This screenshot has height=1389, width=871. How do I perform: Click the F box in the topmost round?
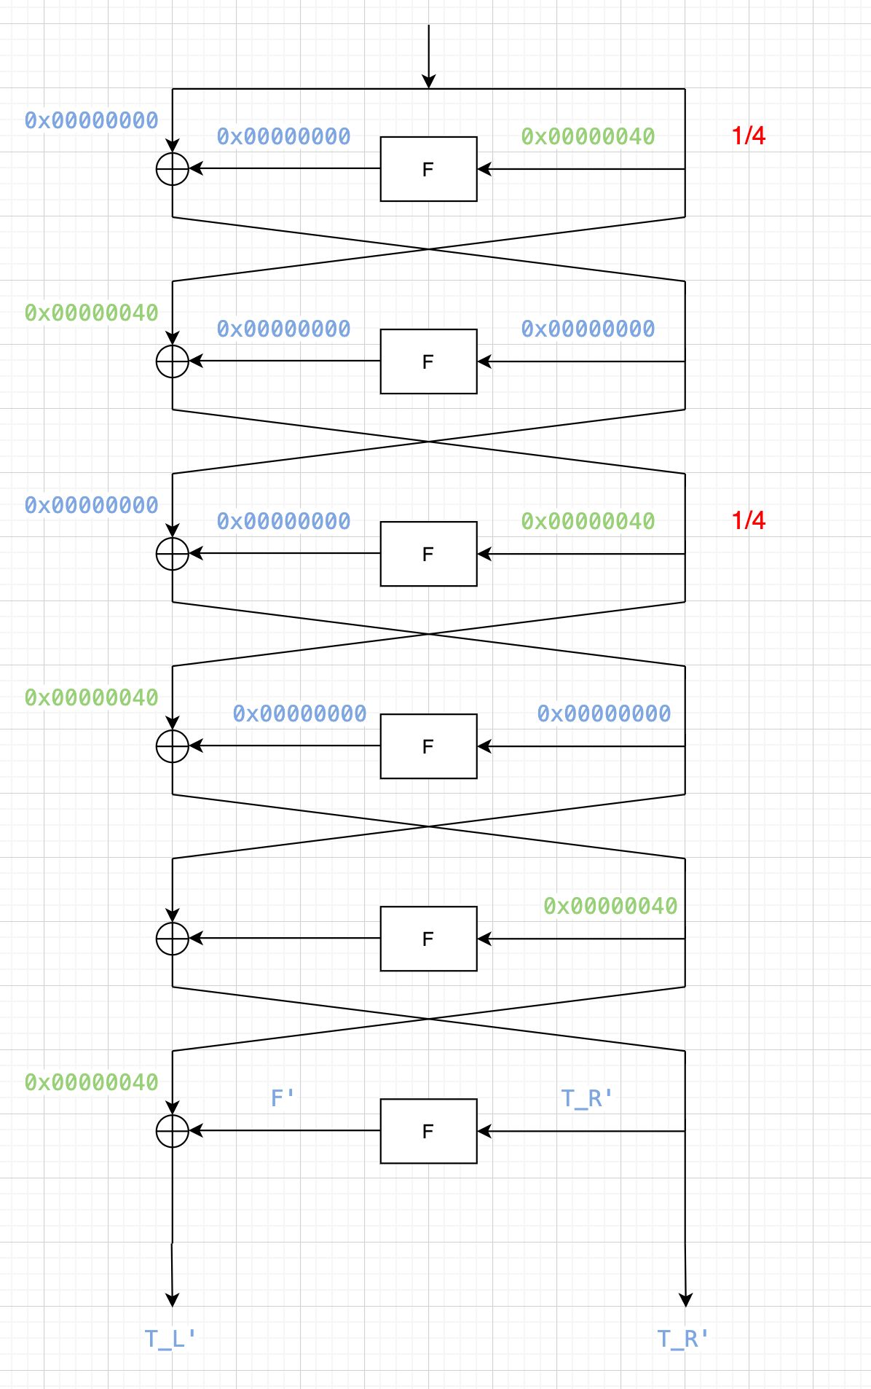428,169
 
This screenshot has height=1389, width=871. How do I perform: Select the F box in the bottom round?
428,1131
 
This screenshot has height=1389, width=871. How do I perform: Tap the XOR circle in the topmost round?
173,169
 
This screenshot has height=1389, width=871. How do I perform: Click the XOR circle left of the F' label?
173,1131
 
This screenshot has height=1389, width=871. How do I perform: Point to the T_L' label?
170,1339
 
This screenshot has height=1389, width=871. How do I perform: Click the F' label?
283,1098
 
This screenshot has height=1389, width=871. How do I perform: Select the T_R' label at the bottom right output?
683,1339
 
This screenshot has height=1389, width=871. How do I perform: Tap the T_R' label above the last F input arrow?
587,1098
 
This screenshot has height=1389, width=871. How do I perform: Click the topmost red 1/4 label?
749,136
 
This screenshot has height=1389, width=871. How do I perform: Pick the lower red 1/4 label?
749,520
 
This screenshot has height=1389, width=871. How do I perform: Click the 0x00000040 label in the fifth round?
610,906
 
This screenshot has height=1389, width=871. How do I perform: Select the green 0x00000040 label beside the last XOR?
92,1082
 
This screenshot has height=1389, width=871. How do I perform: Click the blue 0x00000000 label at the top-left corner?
92,120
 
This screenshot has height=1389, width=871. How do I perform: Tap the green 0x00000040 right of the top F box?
588,136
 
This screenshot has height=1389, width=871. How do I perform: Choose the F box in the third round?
428,554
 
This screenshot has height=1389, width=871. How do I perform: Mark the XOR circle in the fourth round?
173,746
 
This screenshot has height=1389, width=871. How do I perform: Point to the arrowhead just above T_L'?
173,1300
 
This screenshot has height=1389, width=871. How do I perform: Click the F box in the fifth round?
428,939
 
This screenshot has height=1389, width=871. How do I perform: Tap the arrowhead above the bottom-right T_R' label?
685,1300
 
